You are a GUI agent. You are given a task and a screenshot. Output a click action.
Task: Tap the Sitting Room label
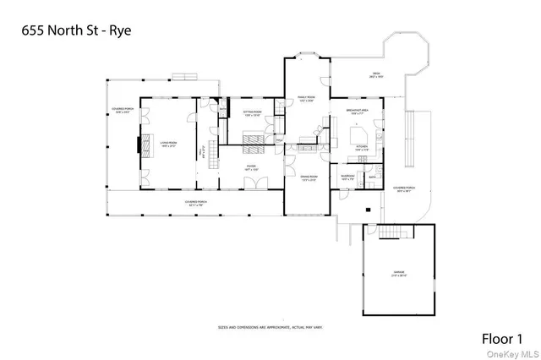click(253, 113)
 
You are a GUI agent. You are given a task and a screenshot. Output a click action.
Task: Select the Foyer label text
click(251, 168)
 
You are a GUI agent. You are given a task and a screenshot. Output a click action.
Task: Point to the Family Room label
click(305, 100)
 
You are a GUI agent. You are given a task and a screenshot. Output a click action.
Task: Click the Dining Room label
click(307, 178)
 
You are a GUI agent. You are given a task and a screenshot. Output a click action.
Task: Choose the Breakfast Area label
click(355, 111)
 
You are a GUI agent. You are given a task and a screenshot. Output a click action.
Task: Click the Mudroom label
click(347, 178)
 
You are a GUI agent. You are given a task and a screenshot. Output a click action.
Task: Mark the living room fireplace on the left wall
click(142, 145)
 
